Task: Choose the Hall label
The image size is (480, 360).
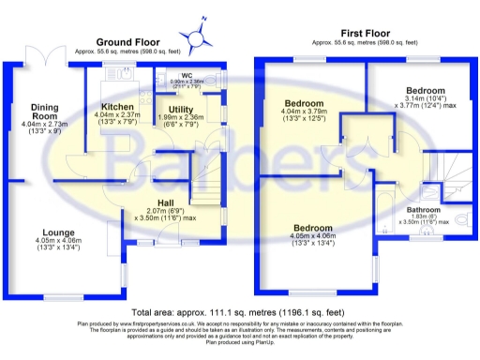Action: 164,203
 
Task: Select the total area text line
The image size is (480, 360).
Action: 239,311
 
